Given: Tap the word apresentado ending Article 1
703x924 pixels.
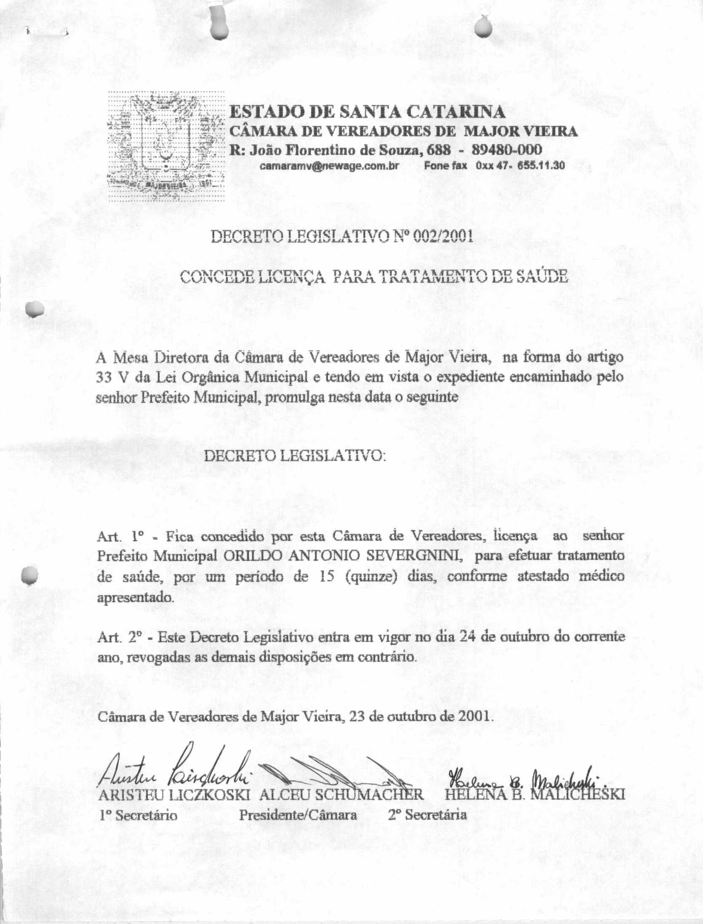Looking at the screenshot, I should pos(135,597).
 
